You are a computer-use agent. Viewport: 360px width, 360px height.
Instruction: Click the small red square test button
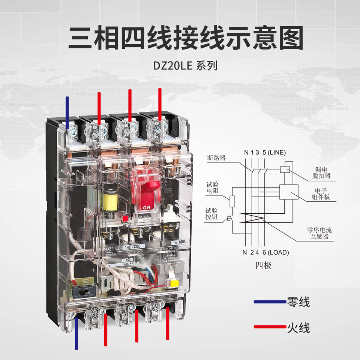(124, 218)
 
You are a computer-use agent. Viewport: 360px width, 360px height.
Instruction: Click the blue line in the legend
(269, 301)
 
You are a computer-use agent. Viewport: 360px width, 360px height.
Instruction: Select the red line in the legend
(269, 327)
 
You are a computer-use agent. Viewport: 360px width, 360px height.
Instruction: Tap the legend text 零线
(298, 302)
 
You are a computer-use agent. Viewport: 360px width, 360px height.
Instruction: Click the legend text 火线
(298, 327)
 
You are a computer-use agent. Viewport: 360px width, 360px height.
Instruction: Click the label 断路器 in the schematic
(216, 158)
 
